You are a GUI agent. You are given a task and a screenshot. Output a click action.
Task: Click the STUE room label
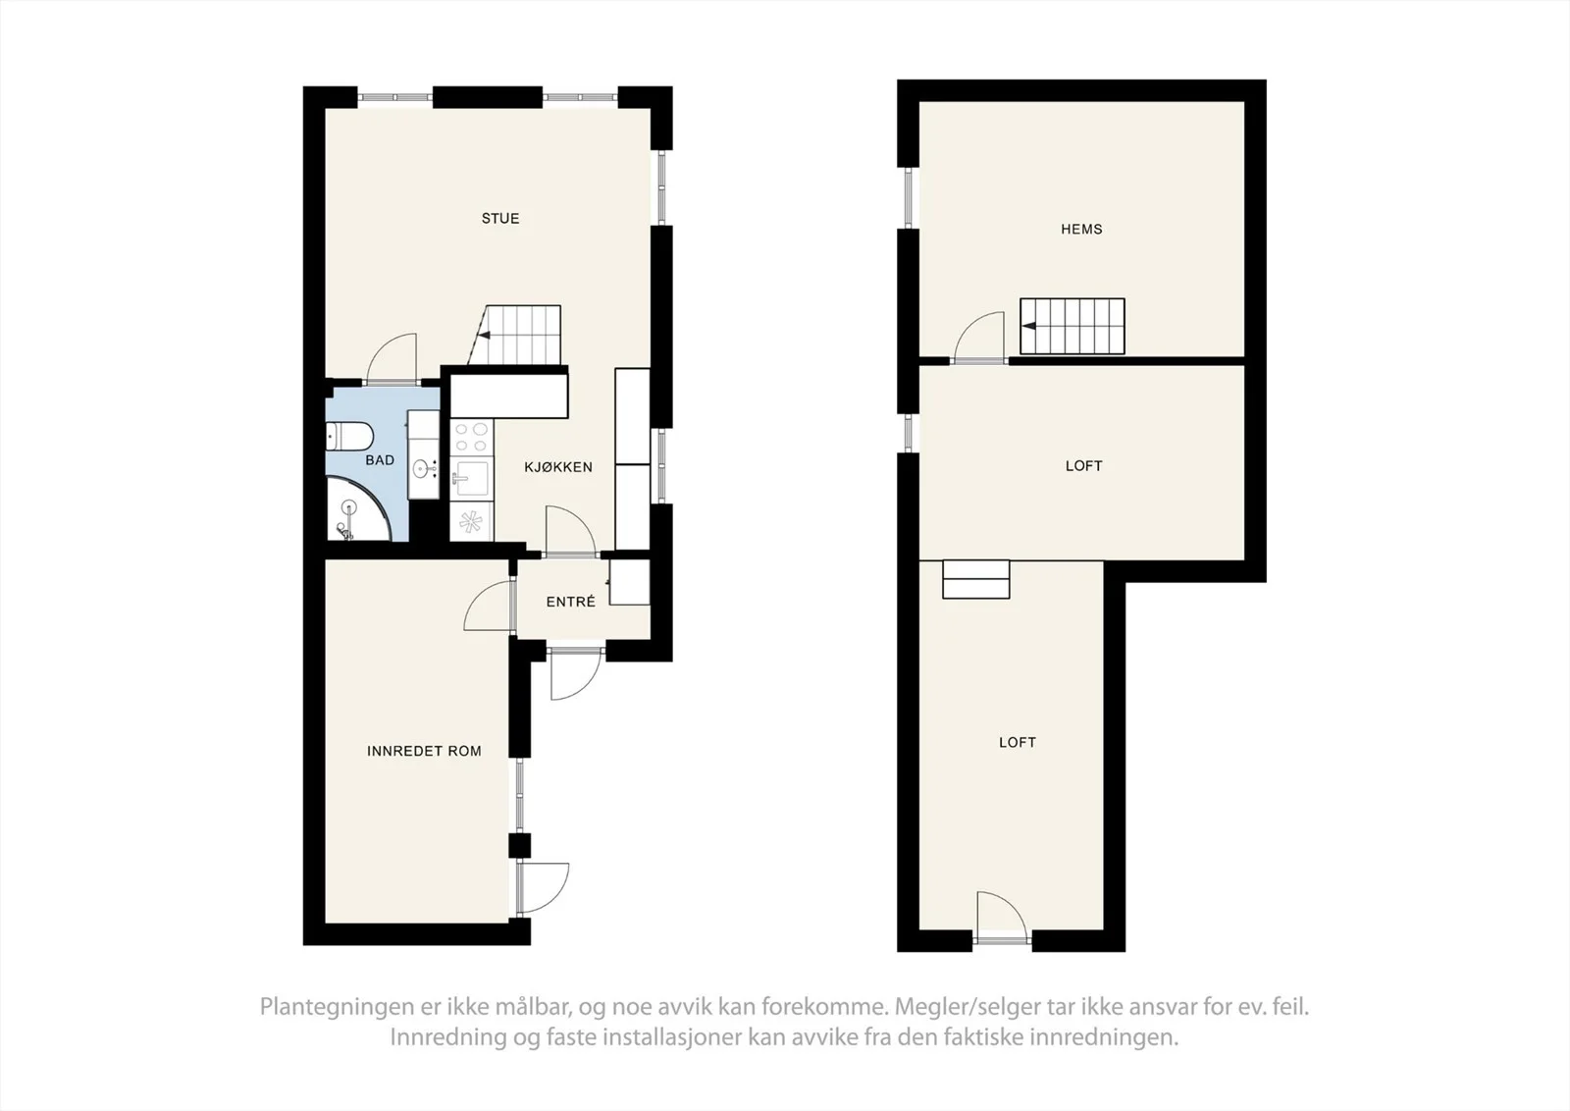tap(500, 219)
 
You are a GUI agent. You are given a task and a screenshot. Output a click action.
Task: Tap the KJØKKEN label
tap(558, 467)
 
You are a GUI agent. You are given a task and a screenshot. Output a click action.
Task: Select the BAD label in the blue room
tap(380, 460)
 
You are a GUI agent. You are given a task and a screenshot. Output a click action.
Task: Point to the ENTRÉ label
tap(570, 602)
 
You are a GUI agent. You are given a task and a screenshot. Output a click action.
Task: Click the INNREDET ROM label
tap(424, 752)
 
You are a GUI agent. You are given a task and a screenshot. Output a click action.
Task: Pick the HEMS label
tap(1081, 230)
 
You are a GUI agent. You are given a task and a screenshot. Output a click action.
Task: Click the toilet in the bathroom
tap(349, 438)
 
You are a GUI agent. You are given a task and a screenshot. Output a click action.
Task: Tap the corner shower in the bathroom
tap(357, 509)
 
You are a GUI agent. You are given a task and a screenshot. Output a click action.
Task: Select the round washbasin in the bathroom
tap(423, 468)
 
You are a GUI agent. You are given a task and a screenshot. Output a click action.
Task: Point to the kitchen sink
tap(471, 478)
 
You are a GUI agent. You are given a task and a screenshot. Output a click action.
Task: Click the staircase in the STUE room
tap(515, 335)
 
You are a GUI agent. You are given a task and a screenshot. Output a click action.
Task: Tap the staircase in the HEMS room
tap(1073, 326)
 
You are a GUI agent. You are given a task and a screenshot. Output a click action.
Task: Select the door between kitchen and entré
tap(570, 531)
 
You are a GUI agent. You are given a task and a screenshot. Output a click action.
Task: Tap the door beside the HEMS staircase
tap(979, 338)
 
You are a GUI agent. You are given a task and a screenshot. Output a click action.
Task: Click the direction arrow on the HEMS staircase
tap(1029, 326)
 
